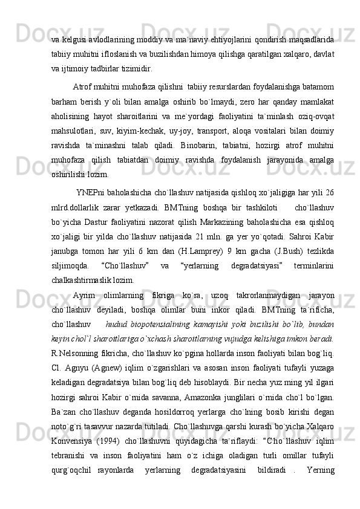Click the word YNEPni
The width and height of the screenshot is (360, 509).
(x=90, y=193)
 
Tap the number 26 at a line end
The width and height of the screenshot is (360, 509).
(x=329, y=193)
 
